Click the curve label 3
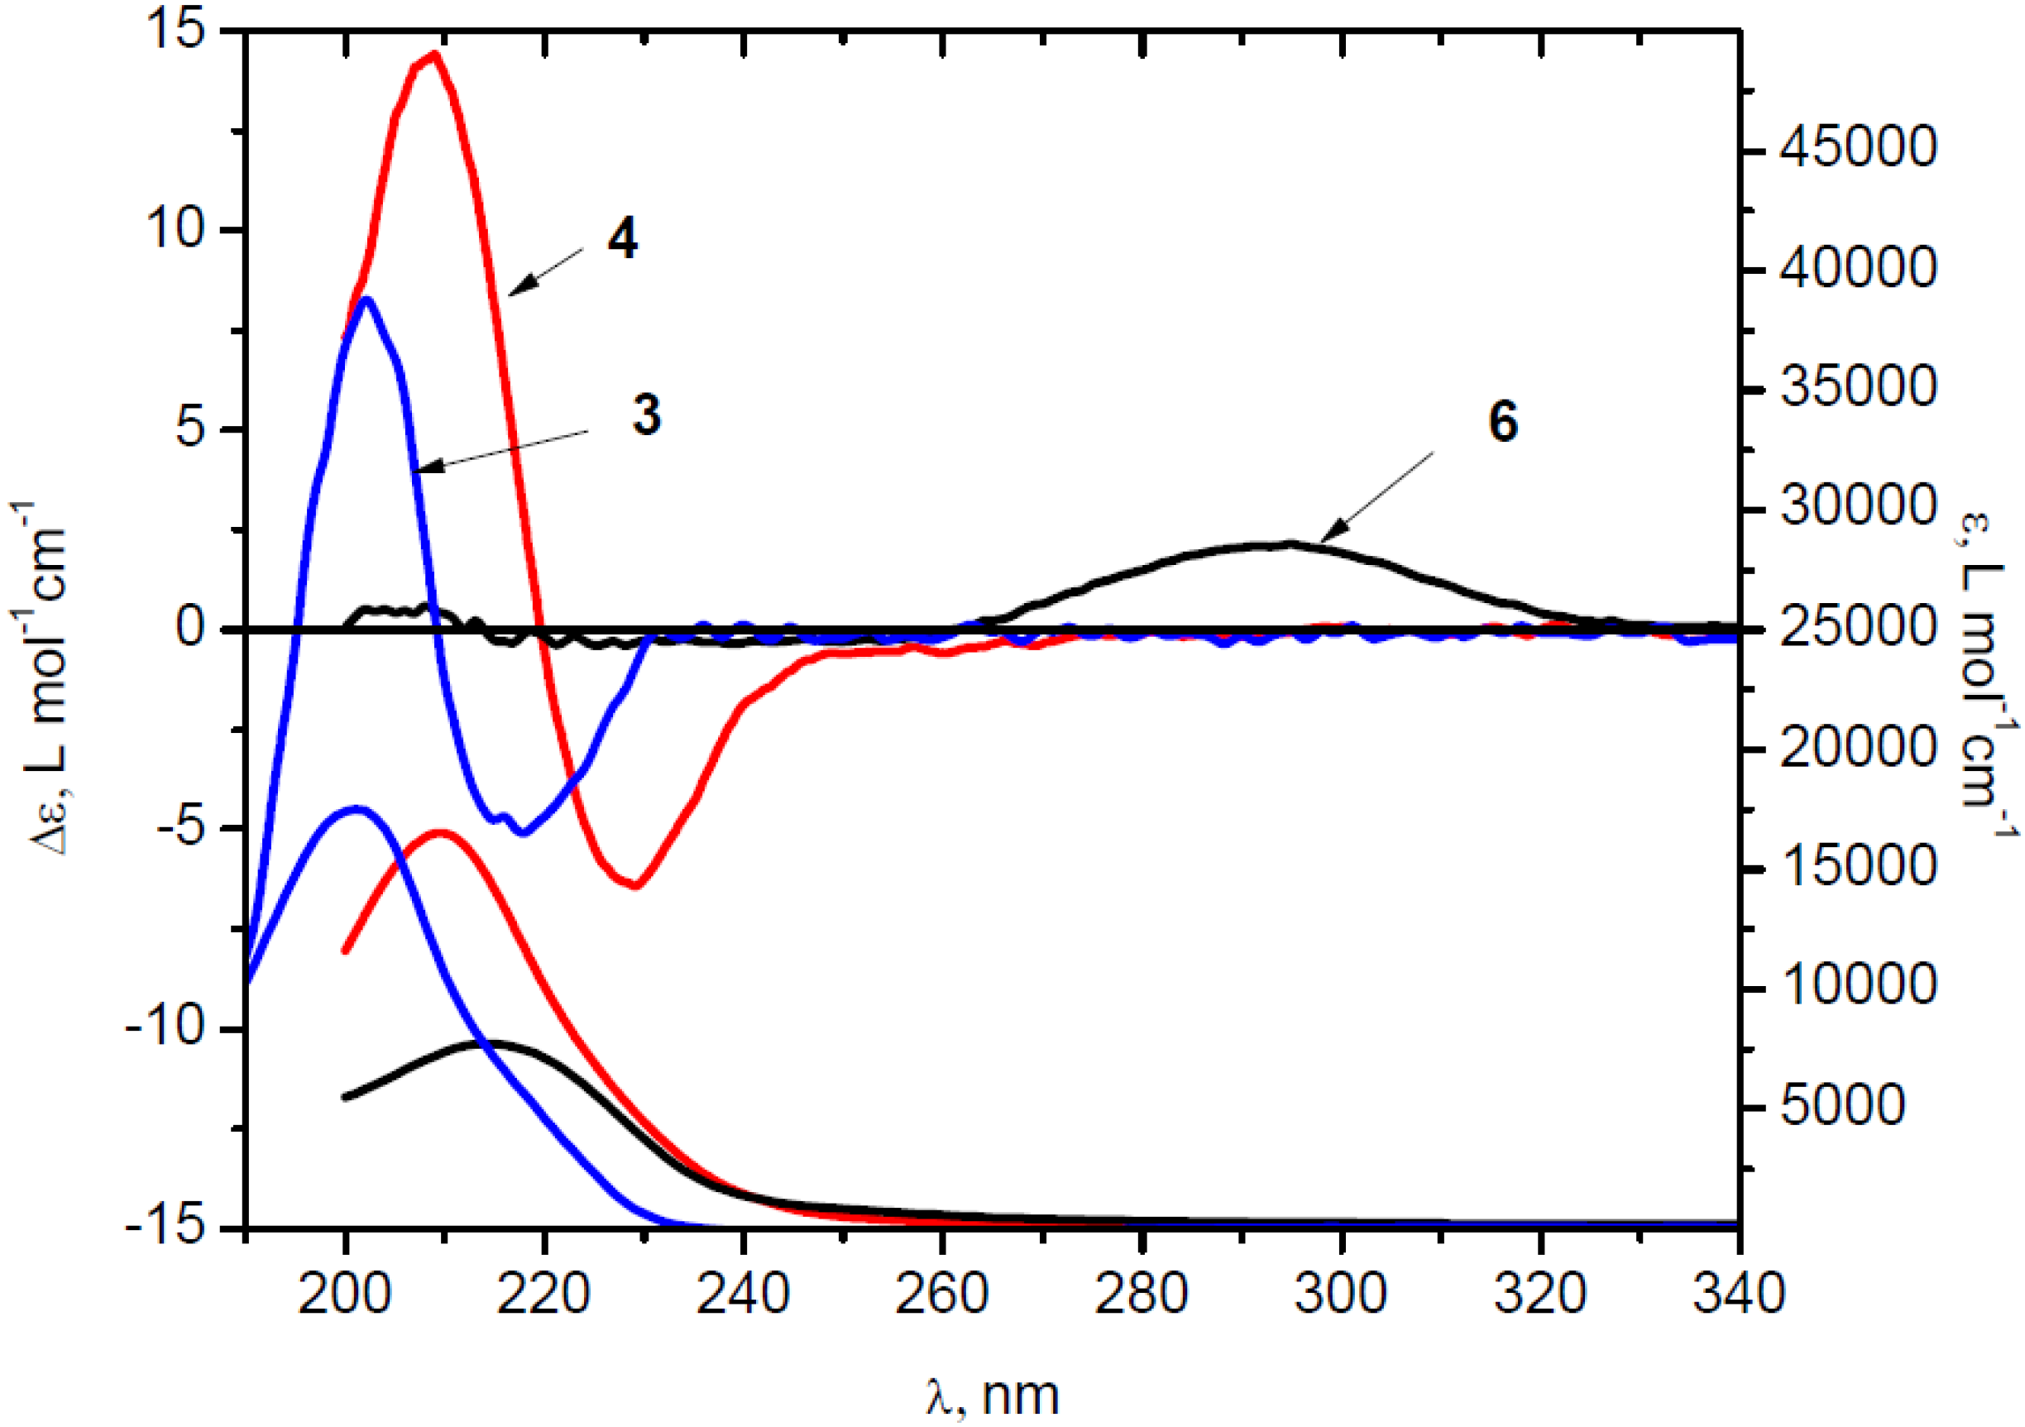(x=647, y=414)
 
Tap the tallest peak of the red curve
(x=433, y=55)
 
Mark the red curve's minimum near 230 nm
(x=637, y=885)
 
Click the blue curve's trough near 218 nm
(x=524, y=831)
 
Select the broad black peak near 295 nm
(x=1290, y=544)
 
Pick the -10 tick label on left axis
(x=165, y=1028)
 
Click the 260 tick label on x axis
(x=942, y=1295)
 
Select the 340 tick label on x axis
(x=1737, y=1295)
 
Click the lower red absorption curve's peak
(x=441, y=831)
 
